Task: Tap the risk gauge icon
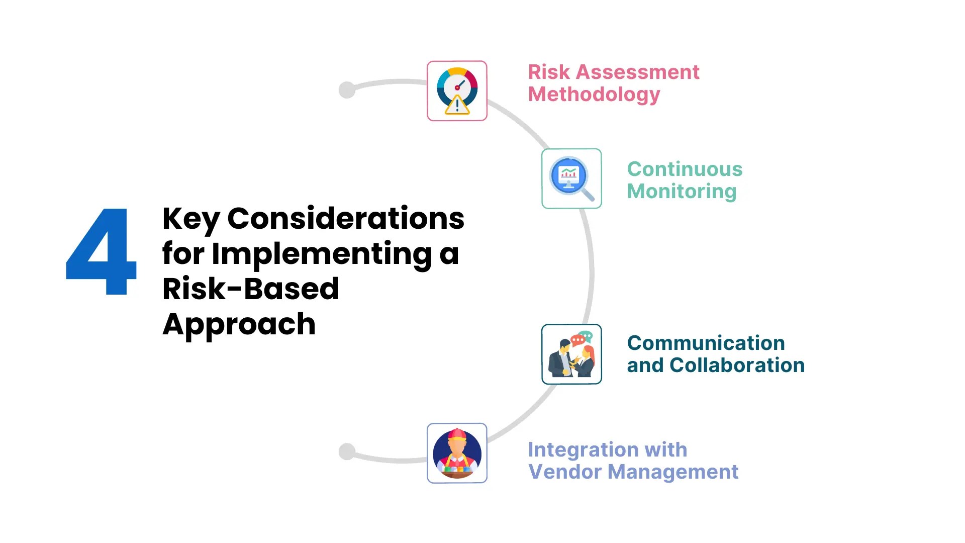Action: [x=457, y=91]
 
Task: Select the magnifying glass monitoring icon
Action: [x=571, y=178]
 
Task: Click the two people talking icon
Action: [x=571, y=354]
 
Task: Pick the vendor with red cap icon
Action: [x=457, y=453]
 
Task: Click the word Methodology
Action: [x=594, y=95]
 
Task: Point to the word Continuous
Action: [x=685, y=169]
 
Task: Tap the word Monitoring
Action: [x=682, y=191]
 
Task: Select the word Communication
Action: [x=706, y=343]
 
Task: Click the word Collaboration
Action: [x=737, y=365]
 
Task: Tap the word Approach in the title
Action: [x=239, y=325]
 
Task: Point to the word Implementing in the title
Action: [x=322, y=254]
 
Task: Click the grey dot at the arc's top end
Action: [x=347, y=90]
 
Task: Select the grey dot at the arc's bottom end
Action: [x=347, y=451]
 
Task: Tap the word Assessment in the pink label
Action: [x=637, y=72]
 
